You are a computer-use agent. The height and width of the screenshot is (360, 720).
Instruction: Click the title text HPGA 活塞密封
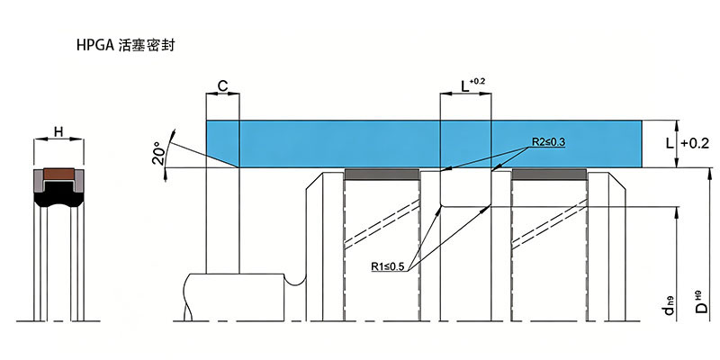point(126,46)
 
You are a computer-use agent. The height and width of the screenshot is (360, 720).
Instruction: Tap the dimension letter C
point(222,85)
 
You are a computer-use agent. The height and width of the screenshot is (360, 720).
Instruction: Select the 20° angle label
point(157,154)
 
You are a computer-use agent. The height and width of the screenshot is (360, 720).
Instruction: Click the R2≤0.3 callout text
point(549,142)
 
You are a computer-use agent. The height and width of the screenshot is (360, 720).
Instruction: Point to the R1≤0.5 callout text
point(389,266)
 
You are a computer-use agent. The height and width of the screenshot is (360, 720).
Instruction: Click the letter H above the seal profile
point(58,132)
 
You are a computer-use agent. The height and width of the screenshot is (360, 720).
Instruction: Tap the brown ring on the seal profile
point(58,174)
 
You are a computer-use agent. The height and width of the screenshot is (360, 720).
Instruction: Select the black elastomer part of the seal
point(58,198)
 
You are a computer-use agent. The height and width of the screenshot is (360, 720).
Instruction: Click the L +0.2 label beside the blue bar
point(688,144)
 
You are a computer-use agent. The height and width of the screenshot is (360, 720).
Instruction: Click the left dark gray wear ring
point(382,175)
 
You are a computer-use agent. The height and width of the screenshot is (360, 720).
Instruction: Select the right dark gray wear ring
point(549,175)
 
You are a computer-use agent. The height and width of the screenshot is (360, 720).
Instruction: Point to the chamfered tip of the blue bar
point(238,167)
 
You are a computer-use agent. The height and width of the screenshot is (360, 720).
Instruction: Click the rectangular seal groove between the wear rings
point(465,188)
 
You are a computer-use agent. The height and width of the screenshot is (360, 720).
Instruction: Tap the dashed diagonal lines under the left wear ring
point(382,224)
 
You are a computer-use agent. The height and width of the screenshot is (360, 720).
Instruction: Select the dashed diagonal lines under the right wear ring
point(550,224)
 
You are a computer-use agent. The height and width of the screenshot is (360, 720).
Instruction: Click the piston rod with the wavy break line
point(234,297)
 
